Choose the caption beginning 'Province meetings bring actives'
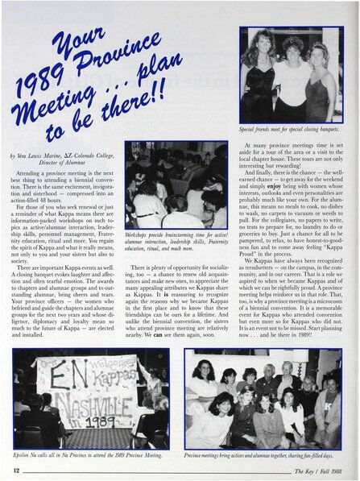(269, 456)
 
